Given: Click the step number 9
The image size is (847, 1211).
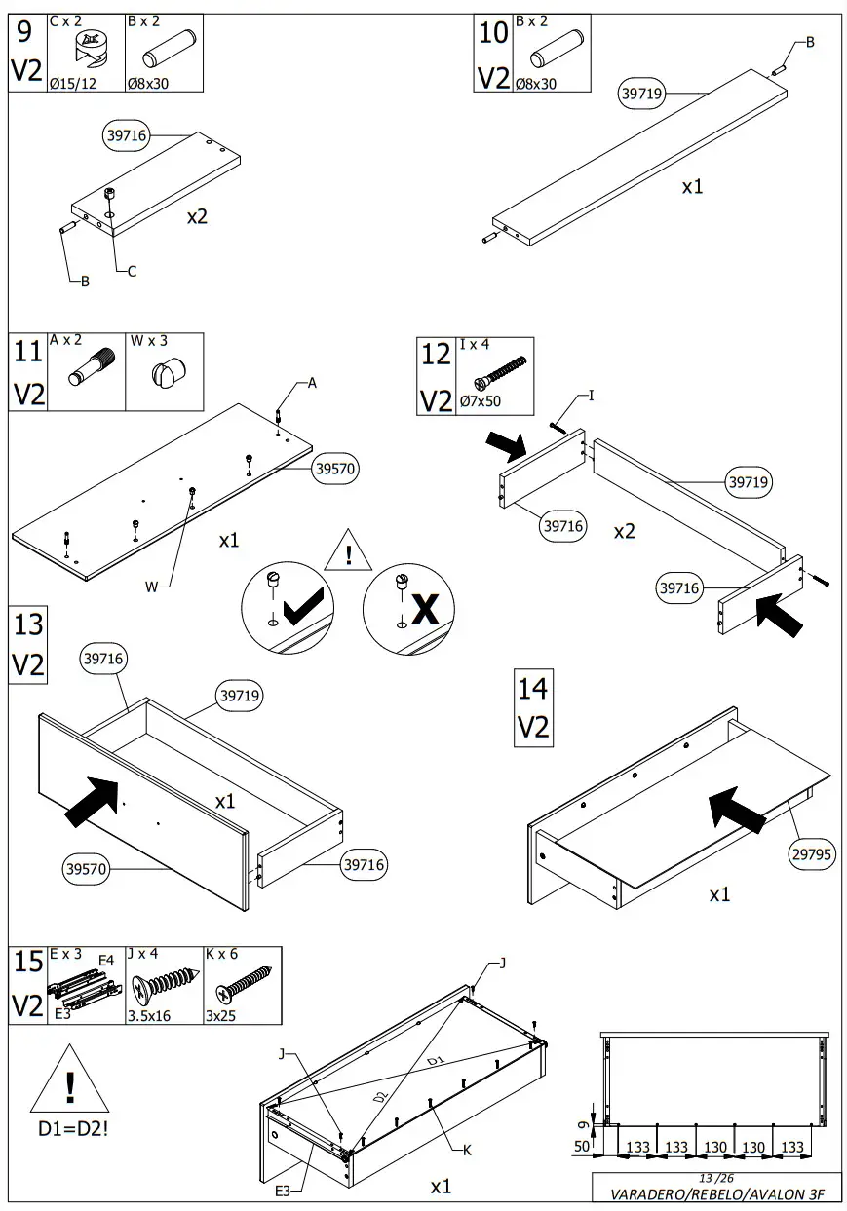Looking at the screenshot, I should click(x=25, y=33).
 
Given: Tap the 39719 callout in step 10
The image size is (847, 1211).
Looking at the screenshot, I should click(x=641, y=94).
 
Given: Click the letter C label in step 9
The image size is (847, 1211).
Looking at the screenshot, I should click(x=132, y=272).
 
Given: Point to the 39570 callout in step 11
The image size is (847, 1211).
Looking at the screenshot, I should click(x=336, y=469).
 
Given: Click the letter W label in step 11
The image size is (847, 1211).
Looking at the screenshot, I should click(x=151, y=587).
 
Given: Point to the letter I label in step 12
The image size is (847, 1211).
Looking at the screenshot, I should click(x=591, y=396).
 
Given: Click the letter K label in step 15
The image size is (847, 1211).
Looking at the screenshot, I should click(x=468, y=1151).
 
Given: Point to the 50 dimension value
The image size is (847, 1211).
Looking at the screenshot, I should click(x=582, y=1146).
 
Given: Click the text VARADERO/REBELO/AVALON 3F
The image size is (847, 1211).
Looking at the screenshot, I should click(x=714, y=1194).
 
